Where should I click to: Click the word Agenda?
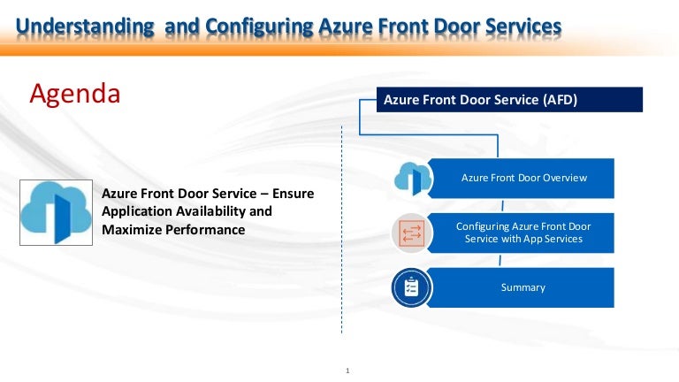click(x=75, y=93)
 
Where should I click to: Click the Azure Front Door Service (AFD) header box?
click(x=510, y=100)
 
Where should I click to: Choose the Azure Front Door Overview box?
click(x=523, y=178)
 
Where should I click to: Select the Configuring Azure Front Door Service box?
click(x=523, y=233)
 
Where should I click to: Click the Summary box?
click(x=523, y=287)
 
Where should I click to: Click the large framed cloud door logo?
click(x=56, y=211)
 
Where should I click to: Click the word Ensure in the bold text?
click(x=293, y=194)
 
